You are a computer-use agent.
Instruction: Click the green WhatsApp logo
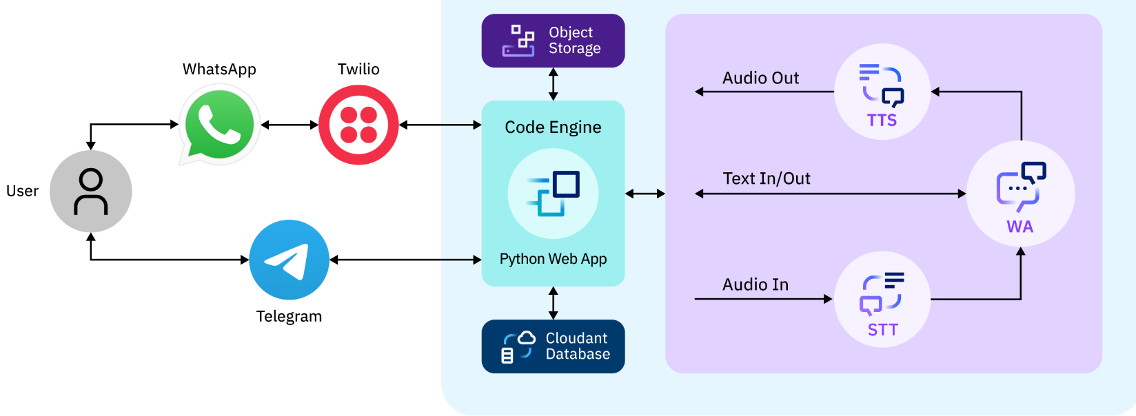[219, 125]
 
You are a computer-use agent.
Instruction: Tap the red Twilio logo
[358, 125]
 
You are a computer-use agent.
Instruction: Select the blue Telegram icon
[289, 260]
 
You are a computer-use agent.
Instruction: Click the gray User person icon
[91, 191]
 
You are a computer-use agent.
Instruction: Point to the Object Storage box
[553, 41]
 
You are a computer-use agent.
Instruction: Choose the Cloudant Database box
[553, 346]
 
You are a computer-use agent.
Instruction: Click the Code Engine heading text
[553, 127]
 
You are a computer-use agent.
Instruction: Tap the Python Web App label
[553, 259]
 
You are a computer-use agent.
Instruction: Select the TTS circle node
[882, 92]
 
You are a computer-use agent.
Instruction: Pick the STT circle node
[882, 300]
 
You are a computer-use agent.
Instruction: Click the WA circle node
[1020, 194]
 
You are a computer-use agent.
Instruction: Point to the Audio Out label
[760, 79]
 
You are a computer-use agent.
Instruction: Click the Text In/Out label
[767, 179]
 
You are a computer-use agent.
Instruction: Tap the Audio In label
[755, 285]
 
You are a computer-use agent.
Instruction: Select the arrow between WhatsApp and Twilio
[290, 125]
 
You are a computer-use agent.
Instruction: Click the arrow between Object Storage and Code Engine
[553, 84]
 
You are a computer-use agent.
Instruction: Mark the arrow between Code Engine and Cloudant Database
[553, 303]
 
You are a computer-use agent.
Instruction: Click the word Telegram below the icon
[289, 317]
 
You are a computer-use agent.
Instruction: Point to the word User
[23, 191]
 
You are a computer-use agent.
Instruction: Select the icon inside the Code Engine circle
[554, 193]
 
